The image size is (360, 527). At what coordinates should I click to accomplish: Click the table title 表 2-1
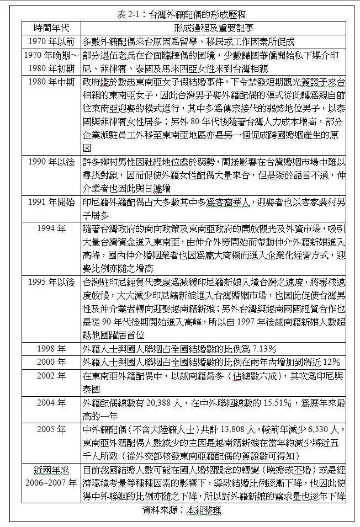(182, 14)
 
